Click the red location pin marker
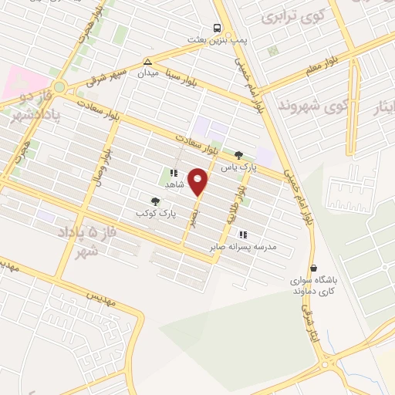(199, 182)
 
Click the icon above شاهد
(174, 174)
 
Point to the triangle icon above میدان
(147, 62)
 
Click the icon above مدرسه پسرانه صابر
(243, 235)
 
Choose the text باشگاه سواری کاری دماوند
(309, 287)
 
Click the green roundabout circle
(59, 86)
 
